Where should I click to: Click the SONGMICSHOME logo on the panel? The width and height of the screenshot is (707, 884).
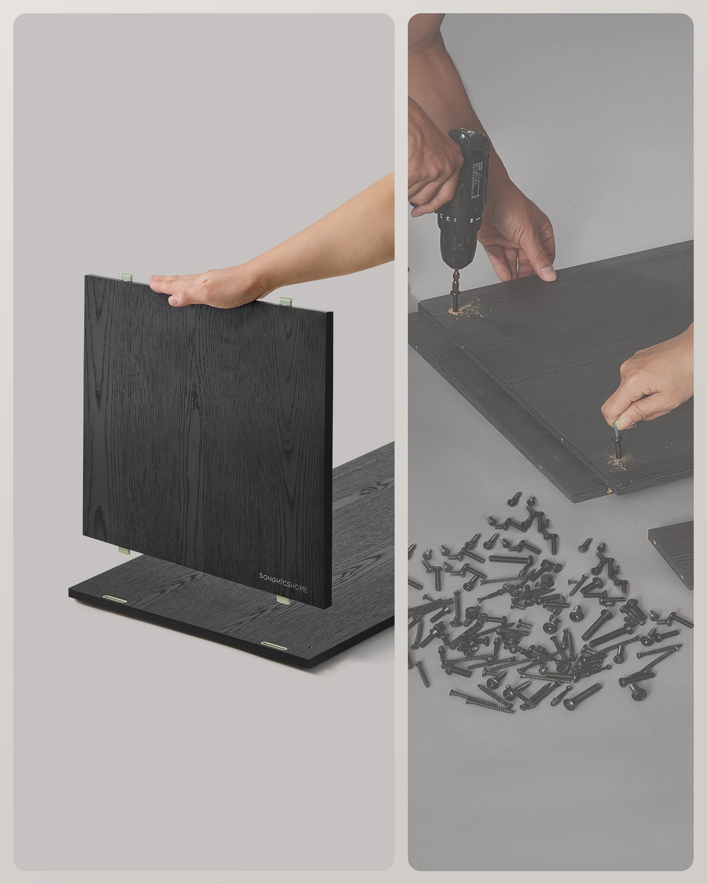(x=283, y=576)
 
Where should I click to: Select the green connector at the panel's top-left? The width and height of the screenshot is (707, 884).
(x=126, y=277)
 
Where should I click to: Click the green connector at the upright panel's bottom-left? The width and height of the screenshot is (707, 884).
(x=124, y=551)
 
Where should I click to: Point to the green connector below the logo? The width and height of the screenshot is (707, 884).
(x=282, y=599)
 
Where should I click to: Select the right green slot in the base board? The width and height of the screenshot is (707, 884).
(x=274, y=645)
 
